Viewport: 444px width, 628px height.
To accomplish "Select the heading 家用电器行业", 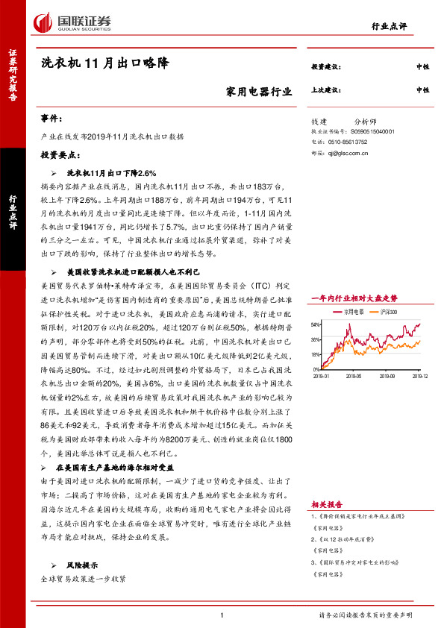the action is coord(259,92).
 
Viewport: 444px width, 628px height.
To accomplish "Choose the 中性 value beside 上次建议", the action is coord(423,90).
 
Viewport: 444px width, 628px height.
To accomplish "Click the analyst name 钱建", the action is coord(319,120).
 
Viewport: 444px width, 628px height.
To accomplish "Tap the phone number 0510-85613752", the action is coord(347,141).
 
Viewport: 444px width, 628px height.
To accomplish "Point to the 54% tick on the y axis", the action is coord(316,324).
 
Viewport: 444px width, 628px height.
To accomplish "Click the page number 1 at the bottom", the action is coord(222,615).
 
